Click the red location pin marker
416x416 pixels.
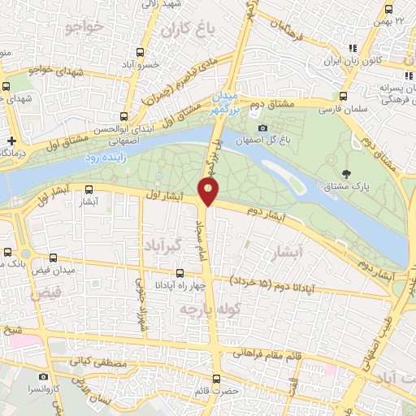tap(209, 192)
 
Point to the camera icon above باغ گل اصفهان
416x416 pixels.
tap(262, 128)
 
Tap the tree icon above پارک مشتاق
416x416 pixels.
tap(347, 173)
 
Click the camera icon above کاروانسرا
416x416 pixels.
tap(43, 377)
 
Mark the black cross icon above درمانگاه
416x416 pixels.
tap(11, 140)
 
